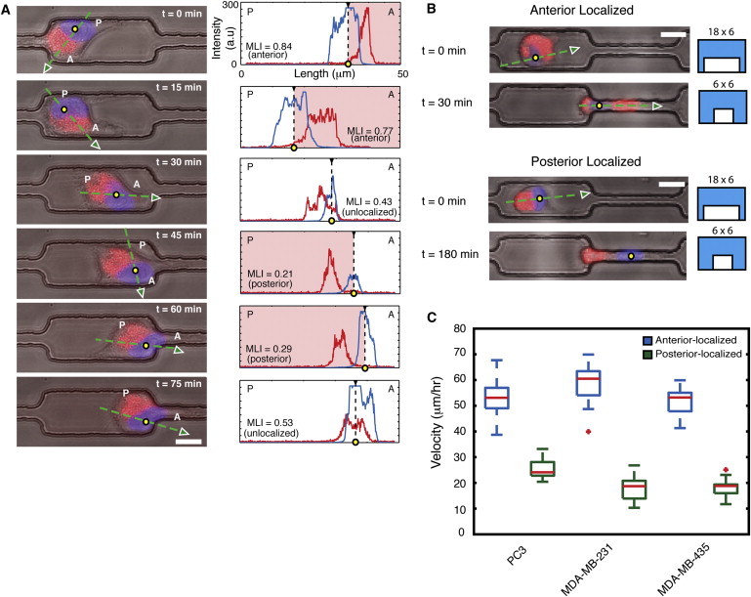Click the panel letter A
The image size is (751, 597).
click(x=8, y=8)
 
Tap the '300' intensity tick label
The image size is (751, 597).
click(x=226, y=6)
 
